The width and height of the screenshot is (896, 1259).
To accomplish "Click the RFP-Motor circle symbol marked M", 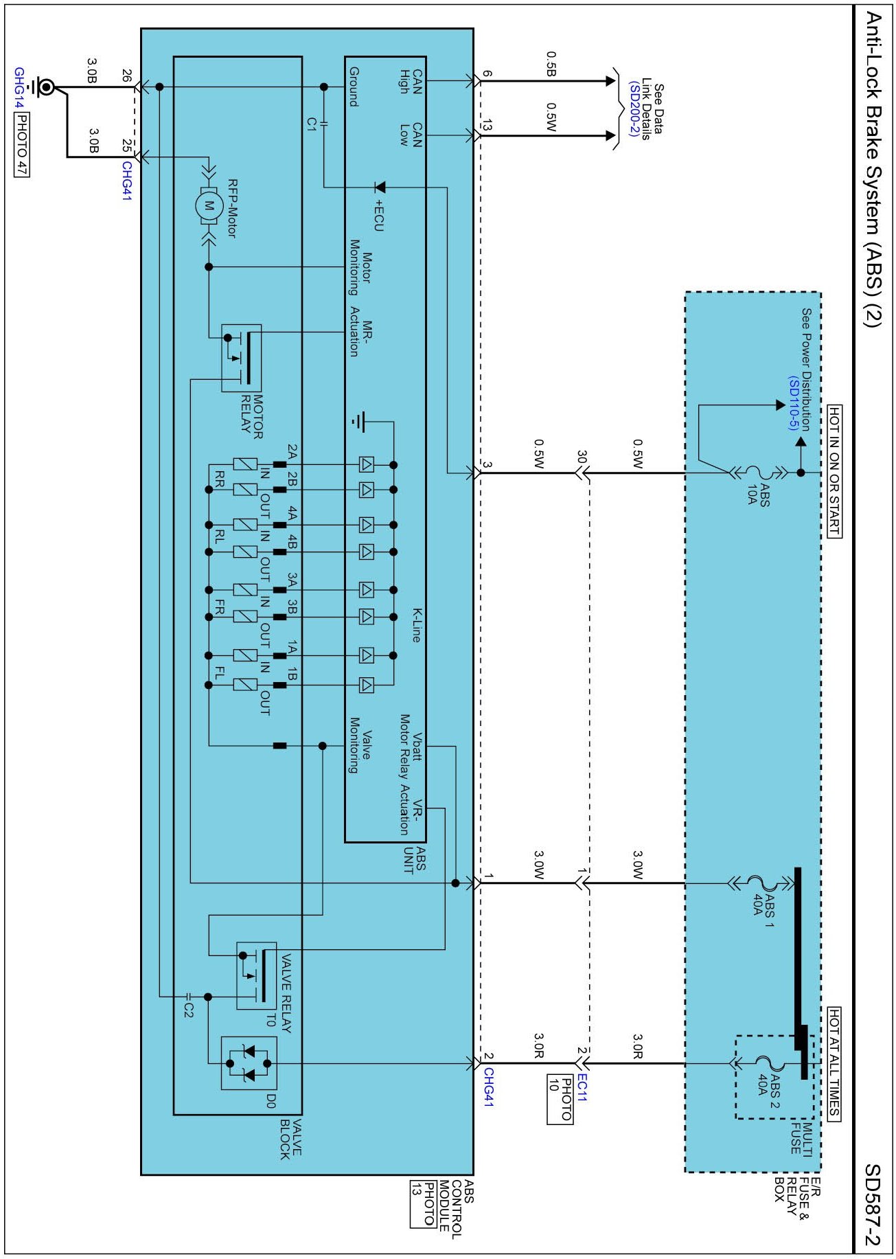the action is pos(209,205).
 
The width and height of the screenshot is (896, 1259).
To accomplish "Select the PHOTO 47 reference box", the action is pos(21,144).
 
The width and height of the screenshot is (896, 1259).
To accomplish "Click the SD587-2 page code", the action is pos(872,1205).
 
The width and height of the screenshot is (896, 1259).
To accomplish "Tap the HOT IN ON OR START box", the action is pos(834,471).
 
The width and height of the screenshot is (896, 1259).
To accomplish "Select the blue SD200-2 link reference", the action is pos(634,108).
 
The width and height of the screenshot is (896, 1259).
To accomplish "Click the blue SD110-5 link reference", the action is pos(794,403).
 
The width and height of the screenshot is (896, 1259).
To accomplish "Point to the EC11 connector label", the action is pos(582,1087).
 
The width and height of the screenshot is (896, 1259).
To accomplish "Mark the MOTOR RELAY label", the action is pos(252,416).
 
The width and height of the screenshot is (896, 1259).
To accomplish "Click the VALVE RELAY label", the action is pos(286,993).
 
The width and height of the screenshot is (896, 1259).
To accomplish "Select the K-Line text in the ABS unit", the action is pos(416,624).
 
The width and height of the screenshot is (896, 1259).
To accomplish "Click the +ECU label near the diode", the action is pos(378,215).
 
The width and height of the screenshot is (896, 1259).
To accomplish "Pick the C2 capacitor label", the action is pos(189,1009).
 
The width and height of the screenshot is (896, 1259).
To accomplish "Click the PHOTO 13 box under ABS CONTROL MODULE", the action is pos(423,1203).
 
